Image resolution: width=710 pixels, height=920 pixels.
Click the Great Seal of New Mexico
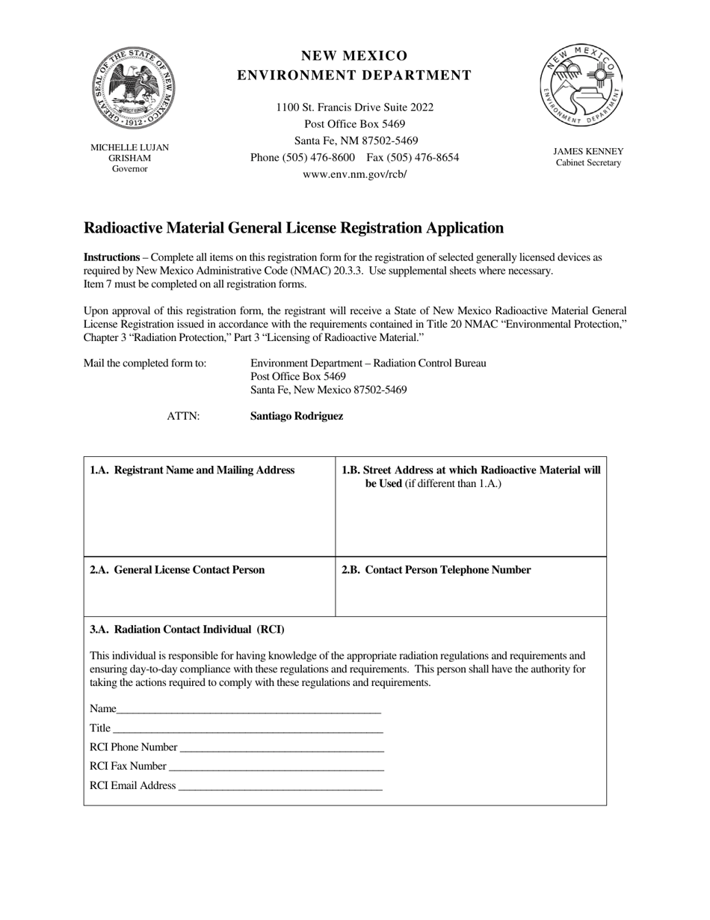pos(133,88)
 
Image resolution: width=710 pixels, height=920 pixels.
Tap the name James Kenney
pos(588,152)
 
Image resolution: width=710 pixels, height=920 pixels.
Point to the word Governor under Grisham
pos(130,169)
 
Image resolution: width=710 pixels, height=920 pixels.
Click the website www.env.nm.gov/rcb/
pos(354,174)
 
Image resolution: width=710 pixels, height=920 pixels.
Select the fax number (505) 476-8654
pos(413,158)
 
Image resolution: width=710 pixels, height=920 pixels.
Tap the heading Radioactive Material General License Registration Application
pos(293,228)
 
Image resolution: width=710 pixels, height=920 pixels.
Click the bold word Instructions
pos(111,257)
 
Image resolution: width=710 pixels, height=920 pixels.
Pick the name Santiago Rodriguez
pos(297,417)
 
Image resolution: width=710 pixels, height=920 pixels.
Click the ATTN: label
pos(183,417)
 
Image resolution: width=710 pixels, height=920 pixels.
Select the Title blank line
pos(247,729)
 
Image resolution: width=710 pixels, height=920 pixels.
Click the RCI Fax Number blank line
pos(276,767)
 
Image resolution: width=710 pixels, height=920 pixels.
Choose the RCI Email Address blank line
pos(280,787)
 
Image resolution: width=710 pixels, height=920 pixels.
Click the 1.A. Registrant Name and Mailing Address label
pos(192,470)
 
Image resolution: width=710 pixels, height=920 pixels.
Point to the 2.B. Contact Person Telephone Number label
pos(436,570)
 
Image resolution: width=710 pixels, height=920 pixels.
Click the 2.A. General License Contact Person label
pos(177,570)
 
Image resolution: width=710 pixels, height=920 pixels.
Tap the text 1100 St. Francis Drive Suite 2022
pos(354,108)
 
